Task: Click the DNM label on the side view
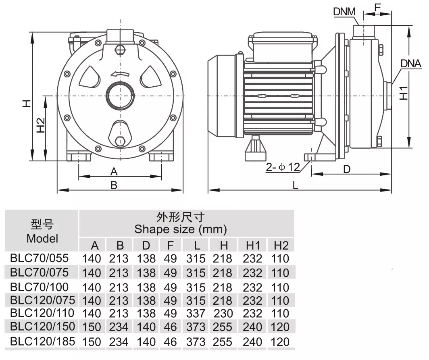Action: (x=344, y=12)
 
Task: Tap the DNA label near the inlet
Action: (x=411, y=63)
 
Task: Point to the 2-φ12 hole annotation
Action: (x=283, y=167)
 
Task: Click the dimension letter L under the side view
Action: (x=295, y=185)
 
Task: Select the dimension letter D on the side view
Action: (x=347, y=169)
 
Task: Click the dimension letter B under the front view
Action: (x=114, y=185)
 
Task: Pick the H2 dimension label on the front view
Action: (x=40, y=125)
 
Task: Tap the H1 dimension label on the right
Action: (x=404, y=93)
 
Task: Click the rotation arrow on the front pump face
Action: (x=120, y=73)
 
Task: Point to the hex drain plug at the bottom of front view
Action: (x=120, y=142)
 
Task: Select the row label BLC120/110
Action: (x=42, y=313)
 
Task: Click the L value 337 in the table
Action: (x=196, y=314)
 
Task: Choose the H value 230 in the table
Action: (x=223, y=314)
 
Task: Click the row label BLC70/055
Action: (x=40, y=258)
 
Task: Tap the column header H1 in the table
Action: (x=253, y=246)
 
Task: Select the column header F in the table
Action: (x=170, y=246)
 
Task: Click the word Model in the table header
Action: (x=42, y=239)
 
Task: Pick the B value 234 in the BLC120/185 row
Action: (x=119, y=342)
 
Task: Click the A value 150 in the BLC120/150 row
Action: (x=92, y=327)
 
